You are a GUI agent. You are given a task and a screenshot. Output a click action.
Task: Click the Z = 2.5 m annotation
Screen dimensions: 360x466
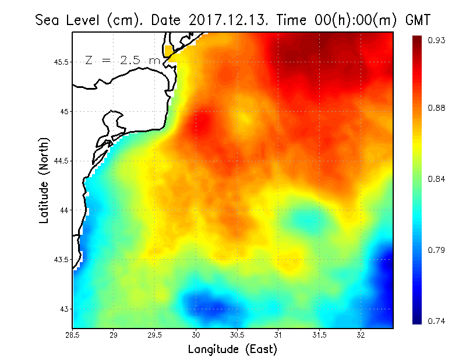[122, 60]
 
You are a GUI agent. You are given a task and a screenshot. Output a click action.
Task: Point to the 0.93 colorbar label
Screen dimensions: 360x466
[437, 40]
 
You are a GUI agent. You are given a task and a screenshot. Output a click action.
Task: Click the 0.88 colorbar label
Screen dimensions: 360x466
[437, 108]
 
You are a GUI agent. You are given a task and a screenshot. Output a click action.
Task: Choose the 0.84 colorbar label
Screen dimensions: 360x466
[437, 179]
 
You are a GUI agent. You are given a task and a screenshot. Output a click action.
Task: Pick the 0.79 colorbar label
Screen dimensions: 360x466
[437, 250]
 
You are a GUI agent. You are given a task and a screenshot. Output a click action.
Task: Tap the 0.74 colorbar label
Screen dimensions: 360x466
[437, 321]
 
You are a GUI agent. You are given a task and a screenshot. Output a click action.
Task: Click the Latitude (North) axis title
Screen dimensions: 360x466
[44, 181]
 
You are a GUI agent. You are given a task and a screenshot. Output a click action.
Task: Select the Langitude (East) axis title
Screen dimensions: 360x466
[232, 350]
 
